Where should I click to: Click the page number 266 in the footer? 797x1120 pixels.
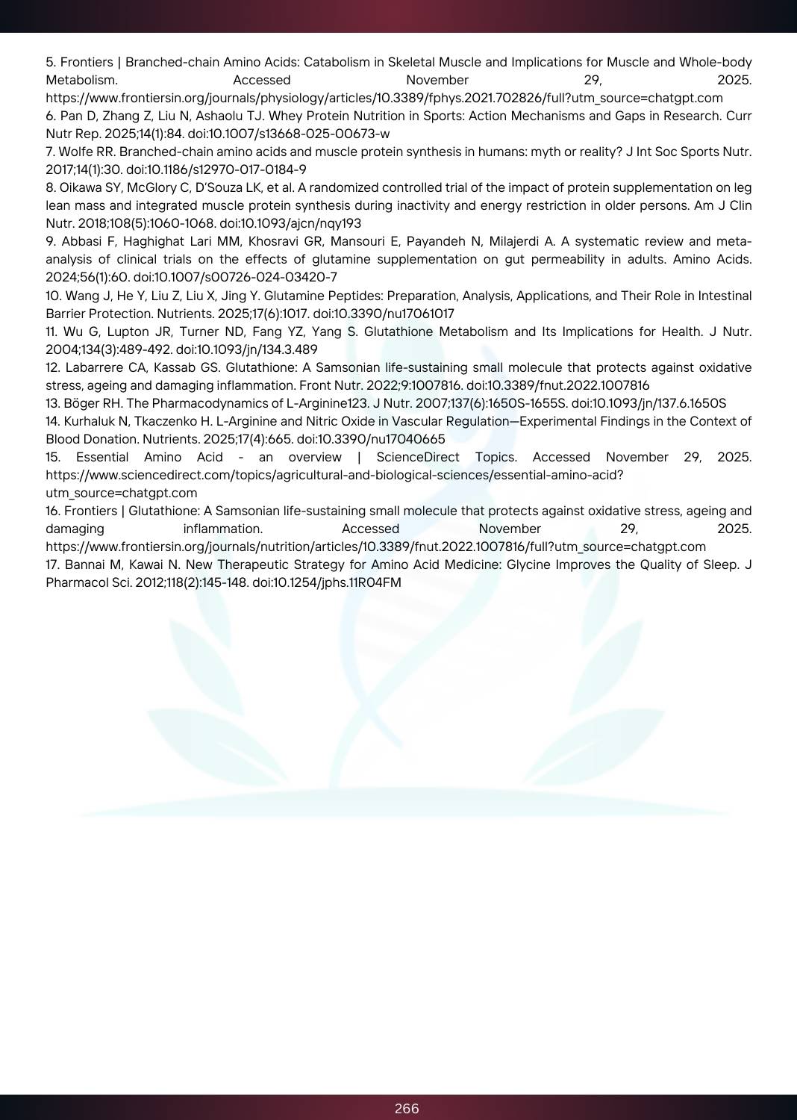(x=407, y=1109)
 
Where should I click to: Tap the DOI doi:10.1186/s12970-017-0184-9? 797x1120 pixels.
(x=216, y=169)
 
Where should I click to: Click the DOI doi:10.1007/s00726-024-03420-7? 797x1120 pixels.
(x=235, y=277)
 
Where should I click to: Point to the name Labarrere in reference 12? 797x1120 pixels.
(x=92, y=367)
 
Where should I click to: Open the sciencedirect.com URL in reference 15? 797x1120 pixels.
(x=334, y=475)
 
